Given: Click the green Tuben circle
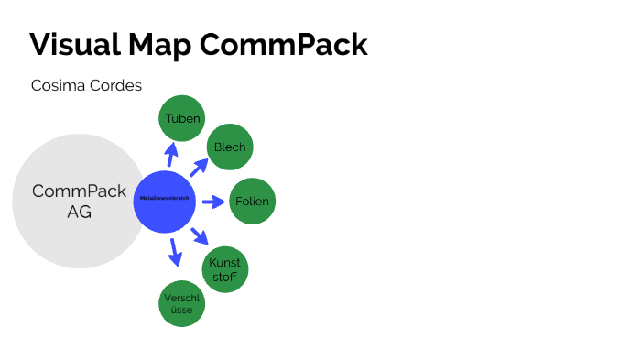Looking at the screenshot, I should tap(182, 118).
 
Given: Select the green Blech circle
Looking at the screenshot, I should tap(229, 147).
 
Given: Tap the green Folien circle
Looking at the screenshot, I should tap(252, 201).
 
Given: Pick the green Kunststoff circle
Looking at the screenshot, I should tap(224, 269).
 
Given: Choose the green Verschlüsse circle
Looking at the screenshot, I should tap(182, 304).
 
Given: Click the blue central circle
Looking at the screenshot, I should tap(165, 201).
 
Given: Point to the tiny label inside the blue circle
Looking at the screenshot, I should tap(165, 198).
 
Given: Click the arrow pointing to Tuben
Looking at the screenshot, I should tap(171, 153).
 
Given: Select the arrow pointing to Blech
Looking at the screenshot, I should tap(199, 166).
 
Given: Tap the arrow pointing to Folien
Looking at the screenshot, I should tap(212, 201).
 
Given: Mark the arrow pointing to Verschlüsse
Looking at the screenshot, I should tap(173, 251).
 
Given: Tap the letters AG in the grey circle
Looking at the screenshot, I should tap(79, 212).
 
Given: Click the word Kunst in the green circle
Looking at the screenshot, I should tap(224, 263).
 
